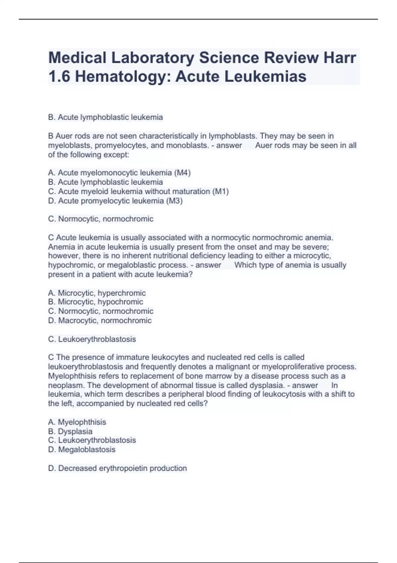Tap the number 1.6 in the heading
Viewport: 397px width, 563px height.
pos(60,77)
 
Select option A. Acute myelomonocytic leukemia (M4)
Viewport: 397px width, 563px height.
pos(119,173)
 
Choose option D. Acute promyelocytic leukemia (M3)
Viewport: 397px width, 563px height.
pos(115,201)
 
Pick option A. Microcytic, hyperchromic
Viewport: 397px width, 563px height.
pos(97,293)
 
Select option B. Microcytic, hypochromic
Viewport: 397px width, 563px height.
pos(95,302)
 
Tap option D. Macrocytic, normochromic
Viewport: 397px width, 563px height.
pos(100,320)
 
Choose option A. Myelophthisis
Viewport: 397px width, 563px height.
pos(77,422)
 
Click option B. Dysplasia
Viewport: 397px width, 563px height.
pos(70,431)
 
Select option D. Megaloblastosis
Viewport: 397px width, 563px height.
pos(82,449)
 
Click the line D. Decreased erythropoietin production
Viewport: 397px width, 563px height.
pos(117,468)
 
